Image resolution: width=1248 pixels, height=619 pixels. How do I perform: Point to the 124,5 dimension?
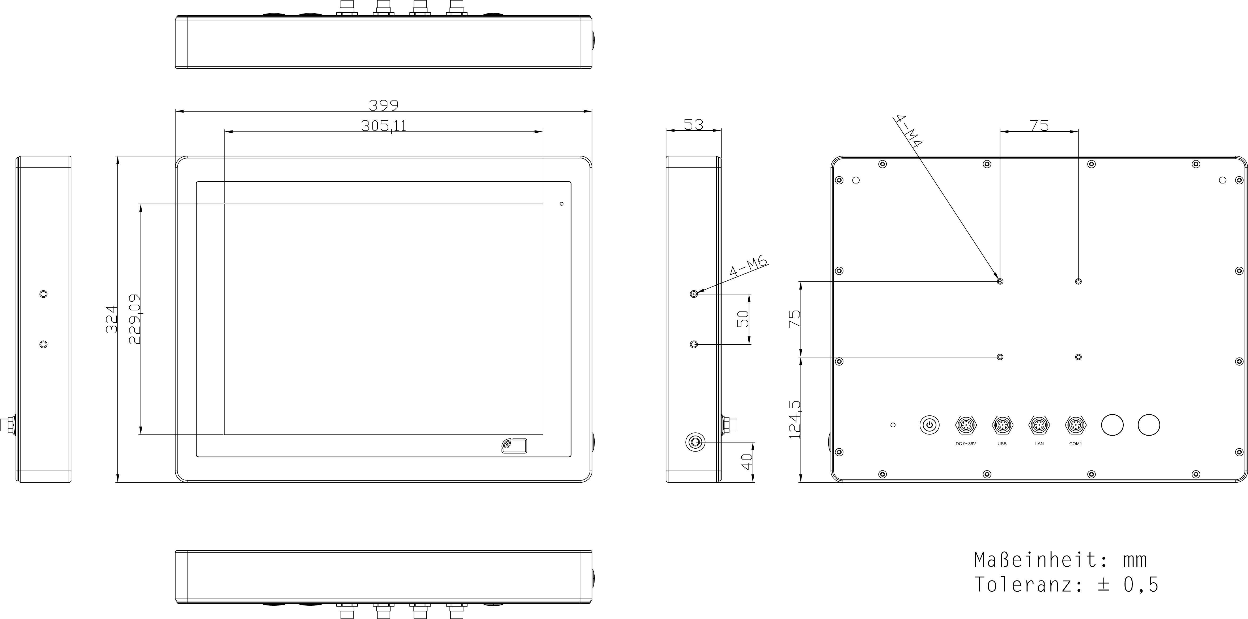(x=795, y=419)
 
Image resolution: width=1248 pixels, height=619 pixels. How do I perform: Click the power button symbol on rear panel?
(x=929, y=425)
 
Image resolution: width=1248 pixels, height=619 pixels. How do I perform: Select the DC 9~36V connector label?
(x=966, y=444)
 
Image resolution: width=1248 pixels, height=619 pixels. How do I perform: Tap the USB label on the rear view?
(x=1002, y=444)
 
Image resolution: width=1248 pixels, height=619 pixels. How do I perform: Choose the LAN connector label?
(x=1039, y=444)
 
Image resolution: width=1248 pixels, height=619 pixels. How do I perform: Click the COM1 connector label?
(x=1076, y=444)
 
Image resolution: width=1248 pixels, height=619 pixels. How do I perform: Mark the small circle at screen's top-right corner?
(x=562, y=204)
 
